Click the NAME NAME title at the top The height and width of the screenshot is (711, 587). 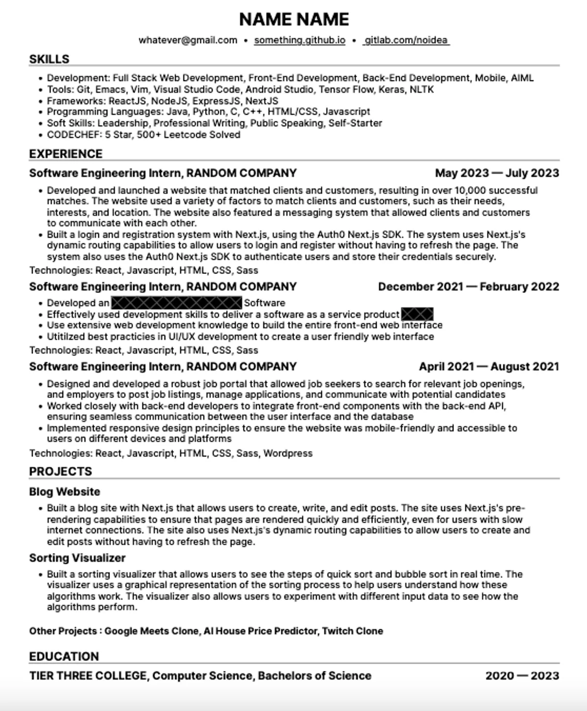pyautogui.click(x=294, y=20)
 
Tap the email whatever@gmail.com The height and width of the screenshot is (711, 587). pyautogui.click(x=188, y=40)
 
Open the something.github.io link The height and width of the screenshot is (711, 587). pyautogui.click(x=299, y=40)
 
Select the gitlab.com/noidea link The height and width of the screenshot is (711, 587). pyautogui.click(x=406, y=40)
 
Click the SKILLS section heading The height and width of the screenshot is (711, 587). pyautogui.click(x=49, y=59)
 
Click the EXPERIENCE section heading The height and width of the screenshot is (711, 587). pyautogui.click(x=66, y=154)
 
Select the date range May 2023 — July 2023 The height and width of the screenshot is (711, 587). pyautogui.click(x=497, y=173)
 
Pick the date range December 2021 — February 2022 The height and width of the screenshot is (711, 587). pyautogui.click(x=468, y=287)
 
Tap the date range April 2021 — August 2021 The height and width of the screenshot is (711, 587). pyautogui.click(x=489, y=367)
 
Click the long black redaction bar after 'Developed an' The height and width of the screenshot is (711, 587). pyautogui.click(x=177, y=303)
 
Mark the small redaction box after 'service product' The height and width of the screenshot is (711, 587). pyautogui.click(x=417, y=314)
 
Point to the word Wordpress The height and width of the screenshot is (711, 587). pyautogui.click(x=288, y=453)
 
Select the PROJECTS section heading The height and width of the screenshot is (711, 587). pyautogui.click(x=60, y=471)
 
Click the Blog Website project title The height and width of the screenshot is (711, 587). pyautogui.click(x=65, y=492)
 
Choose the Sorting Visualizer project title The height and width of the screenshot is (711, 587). pyautogui.click(x=77, y=558)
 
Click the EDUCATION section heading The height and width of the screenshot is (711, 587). pyautogui.click(x=64, y=656)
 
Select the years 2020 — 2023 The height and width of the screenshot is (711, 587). pyautogui.click(x=522, y=676)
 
